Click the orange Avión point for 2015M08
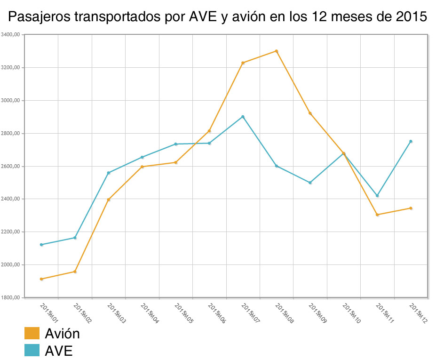[277, 51]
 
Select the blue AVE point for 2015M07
[243, 117]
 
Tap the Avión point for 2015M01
[41, 279]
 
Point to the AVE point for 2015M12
[411, 141]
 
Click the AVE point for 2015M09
[310, 183]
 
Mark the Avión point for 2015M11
[377, 215]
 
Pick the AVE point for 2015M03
[109, 173]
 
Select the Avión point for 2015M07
[243, 63]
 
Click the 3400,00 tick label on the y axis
[10, 34]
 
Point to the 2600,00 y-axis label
[10, 166]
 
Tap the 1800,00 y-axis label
[10, 297]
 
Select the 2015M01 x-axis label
[49, 313]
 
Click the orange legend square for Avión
[32, 333]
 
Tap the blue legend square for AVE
[32, 350]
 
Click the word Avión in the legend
[63, 334]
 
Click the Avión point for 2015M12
[411, 208]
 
